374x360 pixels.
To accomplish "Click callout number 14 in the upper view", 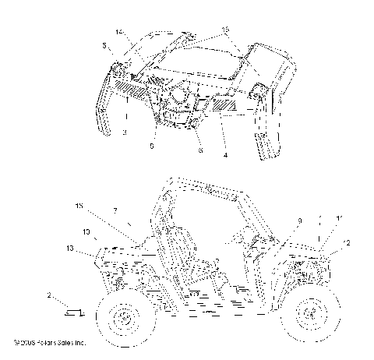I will coord(119,32).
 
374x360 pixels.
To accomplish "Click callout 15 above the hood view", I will coord(225,29).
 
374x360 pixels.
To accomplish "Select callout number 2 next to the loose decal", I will coord(51,296).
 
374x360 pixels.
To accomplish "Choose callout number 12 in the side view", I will coord(347,243).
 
